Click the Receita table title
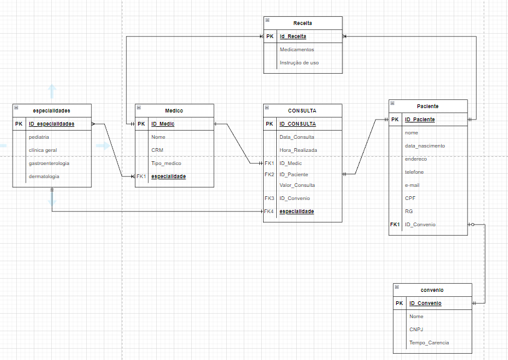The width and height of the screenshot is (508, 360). coord(302,23)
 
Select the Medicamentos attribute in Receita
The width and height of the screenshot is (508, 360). coord(297,49)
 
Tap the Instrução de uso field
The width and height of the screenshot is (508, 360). coord(299,62)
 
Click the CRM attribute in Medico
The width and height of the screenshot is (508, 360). coord(157,150)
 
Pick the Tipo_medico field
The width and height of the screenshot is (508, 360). coord(166,163)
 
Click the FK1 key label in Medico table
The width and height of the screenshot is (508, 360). coord(141,176)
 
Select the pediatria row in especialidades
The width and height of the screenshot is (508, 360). coord(39,137)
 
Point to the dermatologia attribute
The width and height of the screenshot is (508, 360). coord(44,176)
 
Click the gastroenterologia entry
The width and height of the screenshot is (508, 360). coord(49,163)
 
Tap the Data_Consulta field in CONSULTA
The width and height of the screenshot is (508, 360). coord(297,137)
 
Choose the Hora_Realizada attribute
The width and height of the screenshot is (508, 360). coord(298,150)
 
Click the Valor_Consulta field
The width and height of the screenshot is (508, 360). coord(297,185)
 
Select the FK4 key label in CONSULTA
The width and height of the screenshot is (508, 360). coord(269,211)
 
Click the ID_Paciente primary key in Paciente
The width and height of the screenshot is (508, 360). coord(420,119)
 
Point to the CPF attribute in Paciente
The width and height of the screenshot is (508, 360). coord(410,197)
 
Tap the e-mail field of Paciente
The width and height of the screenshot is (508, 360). coord(412,185)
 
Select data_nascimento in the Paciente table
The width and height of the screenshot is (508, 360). coord(425,146)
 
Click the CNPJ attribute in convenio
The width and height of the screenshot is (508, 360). coord(416,329)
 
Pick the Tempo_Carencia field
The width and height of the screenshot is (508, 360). coord(429,342)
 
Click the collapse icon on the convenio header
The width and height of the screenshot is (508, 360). coord(397,289)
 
